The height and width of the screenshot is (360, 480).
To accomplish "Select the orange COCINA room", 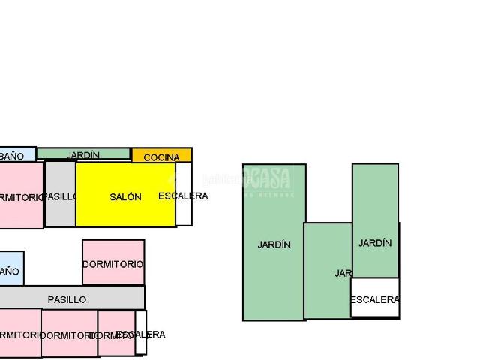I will coord(161,156).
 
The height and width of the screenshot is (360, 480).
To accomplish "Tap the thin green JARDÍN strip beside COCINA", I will coord(83,154).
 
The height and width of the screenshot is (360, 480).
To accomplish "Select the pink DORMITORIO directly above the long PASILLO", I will coord(113,262).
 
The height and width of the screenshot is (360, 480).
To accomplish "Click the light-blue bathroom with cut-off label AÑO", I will coord(10,268).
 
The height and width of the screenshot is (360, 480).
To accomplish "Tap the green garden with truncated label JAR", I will coord(328,270).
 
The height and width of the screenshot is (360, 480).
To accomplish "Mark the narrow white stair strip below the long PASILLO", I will coord(140,332).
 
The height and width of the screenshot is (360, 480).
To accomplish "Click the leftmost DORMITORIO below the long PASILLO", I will coord(19,333).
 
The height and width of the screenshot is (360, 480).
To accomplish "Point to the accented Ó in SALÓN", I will coord(133,196).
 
